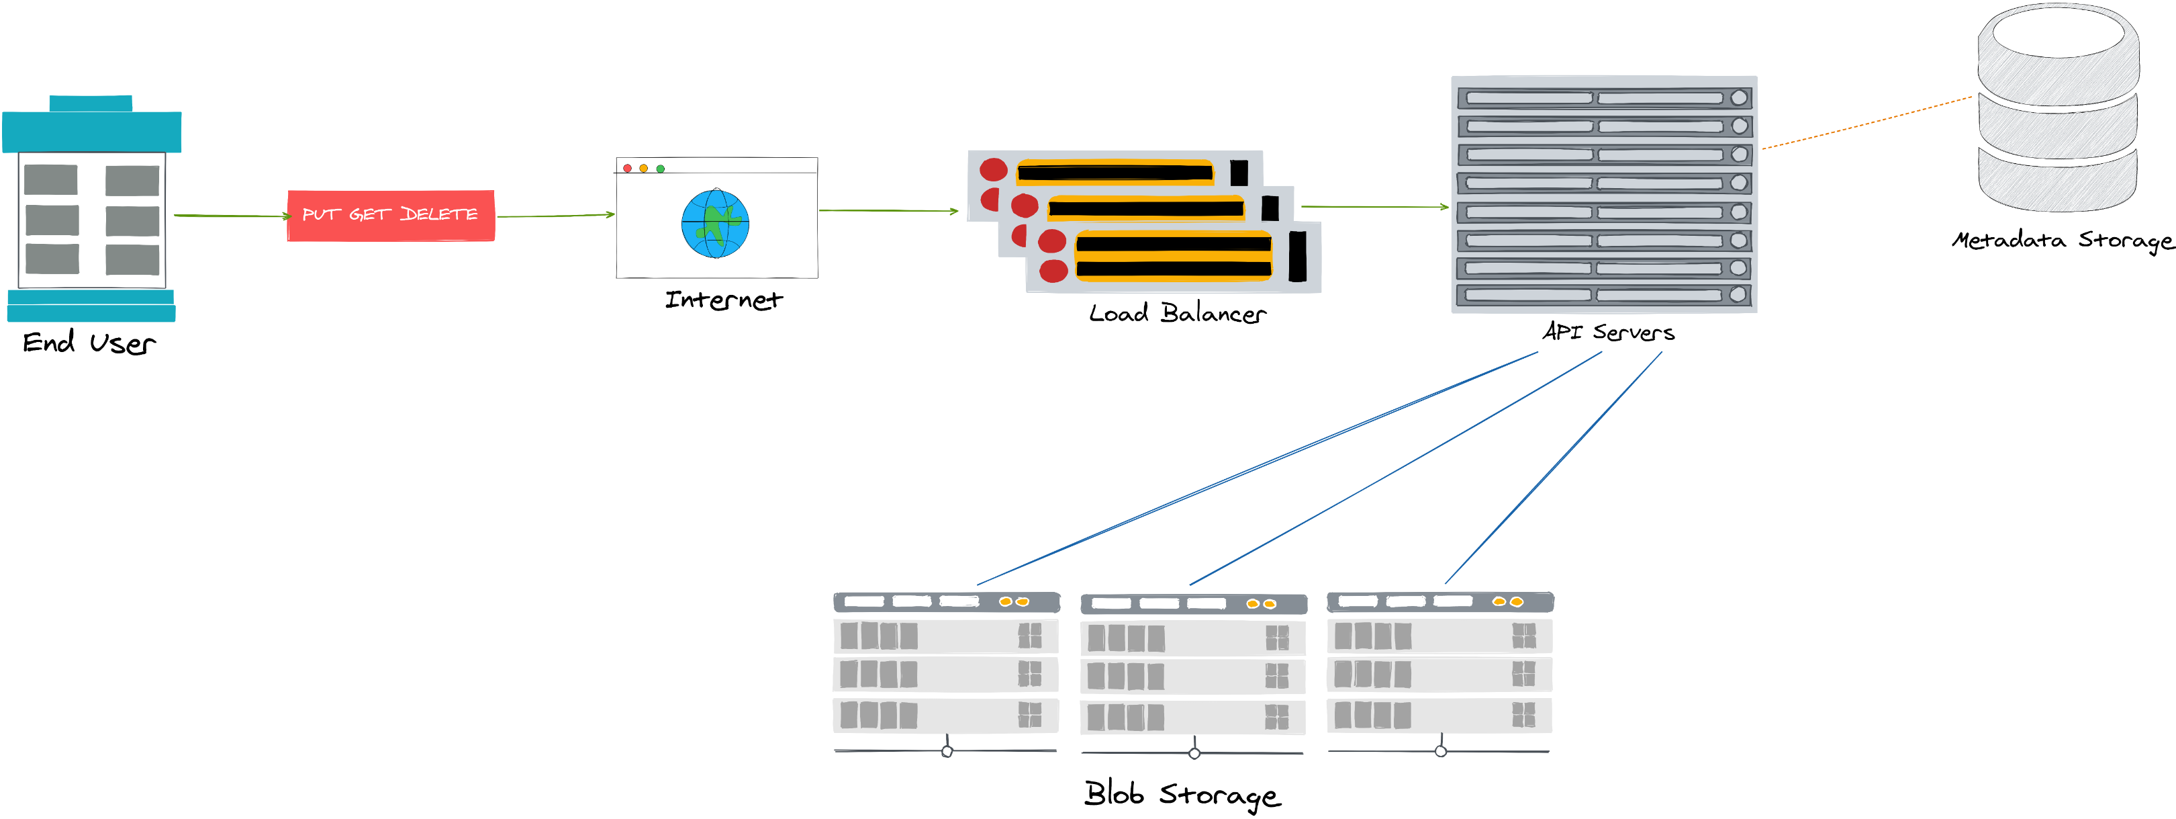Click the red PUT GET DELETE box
pyautogui.click(x=390, y=216)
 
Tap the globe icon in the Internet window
pyautogui.click(x=716, y=224)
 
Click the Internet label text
pyautogui.click(x=724, y=300)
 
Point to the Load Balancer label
pyautogui.click(x=1177, y=314)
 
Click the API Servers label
pyautogui.click(x=1607, y=332)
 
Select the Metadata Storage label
pyautogui.click(x=2061, y=241)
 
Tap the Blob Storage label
pyautogui.click(x=1182, y=795)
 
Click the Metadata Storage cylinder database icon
pyautogui.click(x=2059, y=110)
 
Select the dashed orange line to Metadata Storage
pyautogui.click(x=1867, y=122)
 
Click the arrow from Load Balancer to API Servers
pyautogui.click(x=1374, y=206)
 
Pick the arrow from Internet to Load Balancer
pyautogui.click(x=888, y=210)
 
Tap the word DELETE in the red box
pyautogui.click(x=438, y=215)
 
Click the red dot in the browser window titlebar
pyautogui.click(x=628, y=168)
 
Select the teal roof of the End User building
pyautogui.click(x=91, y=130)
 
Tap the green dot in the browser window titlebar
pyautogui.click(x=661, y=168)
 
